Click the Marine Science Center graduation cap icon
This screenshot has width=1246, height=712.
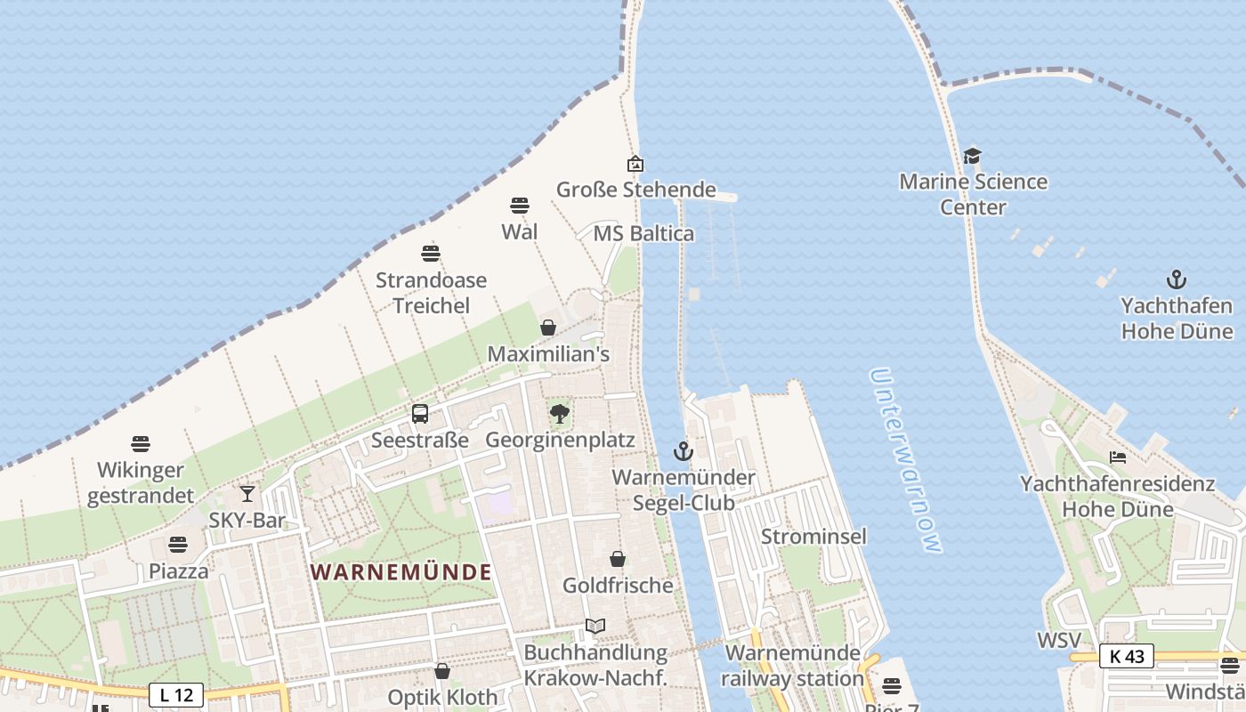[972, 157]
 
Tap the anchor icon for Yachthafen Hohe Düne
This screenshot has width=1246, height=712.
[1177, 279]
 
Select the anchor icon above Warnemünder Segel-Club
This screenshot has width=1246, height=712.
[683, 451]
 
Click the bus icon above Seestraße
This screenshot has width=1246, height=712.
[420, 414]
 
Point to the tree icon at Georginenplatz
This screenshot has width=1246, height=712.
[560, 414]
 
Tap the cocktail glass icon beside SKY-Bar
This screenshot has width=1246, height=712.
[247, 493]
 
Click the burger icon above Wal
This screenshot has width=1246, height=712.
[520, 206]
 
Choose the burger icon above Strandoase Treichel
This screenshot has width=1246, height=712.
[431, 254]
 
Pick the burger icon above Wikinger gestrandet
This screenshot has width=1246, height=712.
[140, 444]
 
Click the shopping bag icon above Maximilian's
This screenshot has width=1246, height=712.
[548, 328]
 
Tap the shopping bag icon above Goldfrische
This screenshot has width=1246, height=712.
[618, 559]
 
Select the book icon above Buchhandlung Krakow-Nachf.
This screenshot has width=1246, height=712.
[595, 627]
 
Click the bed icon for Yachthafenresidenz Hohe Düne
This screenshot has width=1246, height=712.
[1118, 457]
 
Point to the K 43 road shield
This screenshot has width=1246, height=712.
[1126, 656]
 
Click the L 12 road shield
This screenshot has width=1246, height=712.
[176, 694]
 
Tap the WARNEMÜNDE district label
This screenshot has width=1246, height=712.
[401, 572]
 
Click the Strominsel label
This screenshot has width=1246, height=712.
[813, 537]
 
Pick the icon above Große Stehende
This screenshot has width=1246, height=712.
[635, 164]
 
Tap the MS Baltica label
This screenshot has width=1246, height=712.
[643, 234]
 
